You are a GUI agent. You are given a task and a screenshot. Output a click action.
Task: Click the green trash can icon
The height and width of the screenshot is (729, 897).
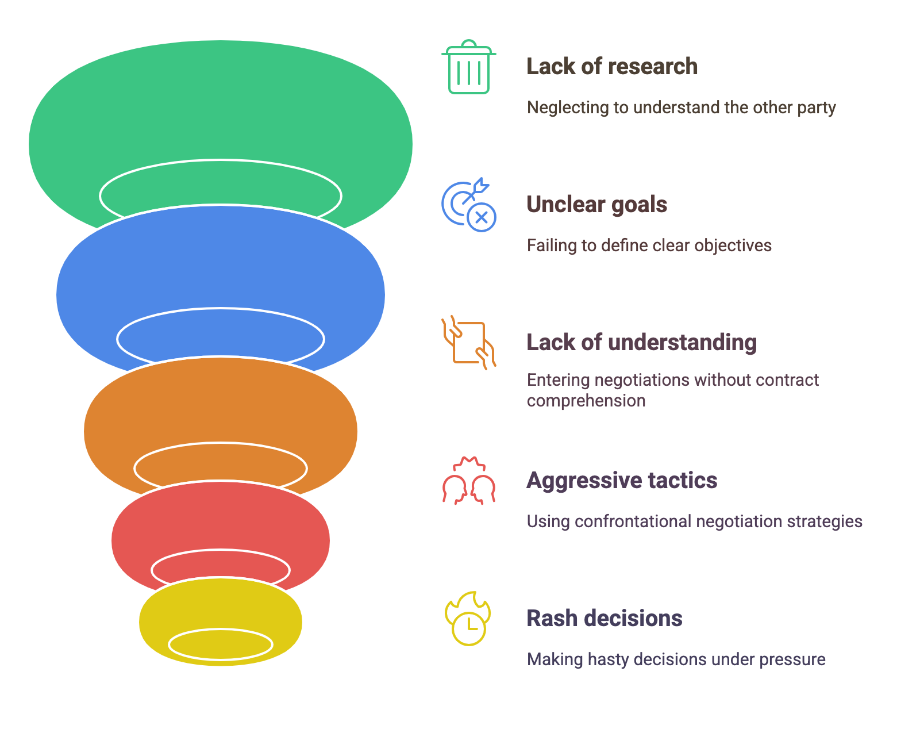click(x=468, y=67)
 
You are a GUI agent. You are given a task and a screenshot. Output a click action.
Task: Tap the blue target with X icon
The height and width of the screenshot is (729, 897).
click(x=468, y=204)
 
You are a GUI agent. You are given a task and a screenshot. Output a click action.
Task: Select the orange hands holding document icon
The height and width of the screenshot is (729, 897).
click(x=468, y=342)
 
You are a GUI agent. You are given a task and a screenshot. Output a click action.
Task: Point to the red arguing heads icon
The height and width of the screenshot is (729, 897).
click(x=468, y=481)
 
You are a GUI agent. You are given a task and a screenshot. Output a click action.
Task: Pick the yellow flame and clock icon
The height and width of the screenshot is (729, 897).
click(x=468, y=619)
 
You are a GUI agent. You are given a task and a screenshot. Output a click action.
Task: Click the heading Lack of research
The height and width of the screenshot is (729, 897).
click(x=612, y=67)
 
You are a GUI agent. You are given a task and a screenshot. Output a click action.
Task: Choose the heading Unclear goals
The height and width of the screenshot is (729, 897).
click(x=596, y=205)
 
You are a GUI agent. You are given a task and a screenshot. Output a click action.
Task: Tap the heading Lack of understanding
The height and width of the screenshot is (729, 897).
click(x=641, y=342)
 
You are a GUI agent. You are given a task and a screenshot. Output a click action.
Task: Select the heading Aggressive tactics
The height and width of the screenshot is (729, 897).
click(x=622, y=481)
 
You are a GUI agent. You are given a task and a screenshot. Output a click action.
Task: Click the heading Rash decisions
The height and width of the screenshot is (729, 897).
click(x=605, y=618)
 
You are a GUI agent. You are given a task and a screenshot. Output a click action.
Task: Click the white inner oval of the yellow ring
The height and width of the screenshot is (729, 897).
click(x=221, y=630)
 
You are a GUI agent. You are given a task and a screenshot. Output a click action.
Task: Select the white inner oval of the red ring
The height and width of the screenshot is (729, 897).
click(x=221, y=550)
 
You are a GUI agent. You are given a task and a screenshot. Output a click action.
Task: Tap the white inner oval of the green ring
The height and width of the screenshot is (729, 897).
click(x=221, y=160)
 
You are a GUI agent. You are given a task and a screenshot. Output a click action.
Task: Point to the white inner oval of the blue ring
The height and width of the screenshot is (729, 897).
click(x=221, y=309)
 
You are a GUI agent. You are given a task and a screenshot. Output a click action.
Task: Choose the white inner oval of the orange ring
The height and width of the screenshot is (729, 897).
click(x=221, y=443)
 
